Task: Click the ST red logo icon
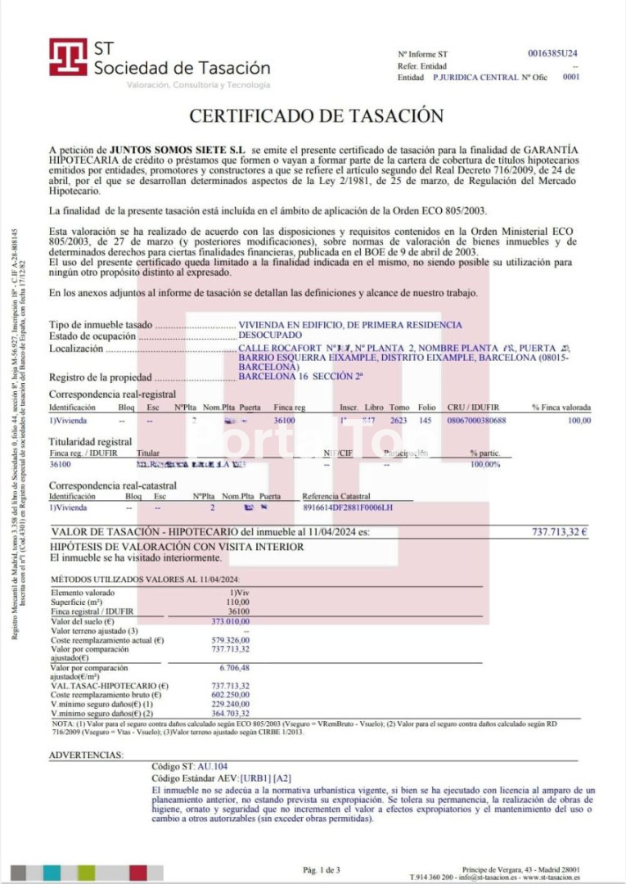click(x=68, y=57)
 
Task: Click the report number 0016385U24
click(x=554, y=53)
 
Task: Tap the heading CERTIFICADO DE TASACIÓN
click(x=317, y=116)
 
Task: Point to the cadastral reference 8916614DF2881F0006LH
click(x=348, y=508)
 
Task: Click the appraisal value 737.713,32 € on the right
click(x=560, y=532)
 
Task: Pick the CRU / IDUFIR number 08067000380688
click(x=477, y=420)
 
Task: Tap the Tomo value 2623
click(x=399, y=420)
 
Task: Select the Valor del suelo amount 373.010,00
click(x=231, y=621)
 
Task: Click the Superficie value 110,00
click(x=237, y=602)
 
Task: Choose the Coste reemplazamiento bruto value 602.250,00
click(x=231, y=695)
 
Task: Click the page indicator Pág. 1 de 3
click(x=322, y=869)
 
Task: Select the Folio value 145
click(x=426, y=420)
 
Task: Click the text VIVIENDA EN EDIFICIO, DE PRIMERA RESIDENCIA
click(x=349, y=325)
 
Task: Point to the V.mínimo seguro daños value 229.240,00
click(x=231, y=704)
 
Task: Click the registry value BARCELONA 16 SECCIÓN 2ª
click(x=300, y=378)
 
